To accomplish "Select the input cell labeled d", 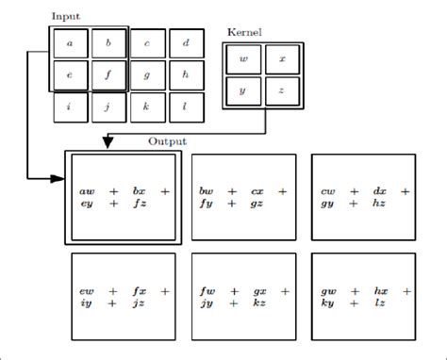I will point(186,43).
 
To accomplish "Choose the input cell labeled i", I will point(70,106).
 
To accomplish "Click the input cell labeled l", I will point(186,106).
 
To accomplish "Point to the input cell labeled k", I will point(147,106).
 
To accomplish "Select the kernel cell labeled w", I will point(244,60).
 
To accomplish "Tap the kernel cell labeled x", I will point(282,60).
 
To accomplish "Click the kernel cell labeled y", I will point(244,92).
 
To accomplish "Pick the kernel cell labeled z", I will point(282,92).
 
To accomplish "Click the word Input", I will point(66,17).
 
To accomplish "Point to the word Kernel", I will point(244,33).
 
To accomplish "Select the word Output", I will point(167,141).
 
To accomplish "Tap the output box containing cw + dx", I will point(362,197).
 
